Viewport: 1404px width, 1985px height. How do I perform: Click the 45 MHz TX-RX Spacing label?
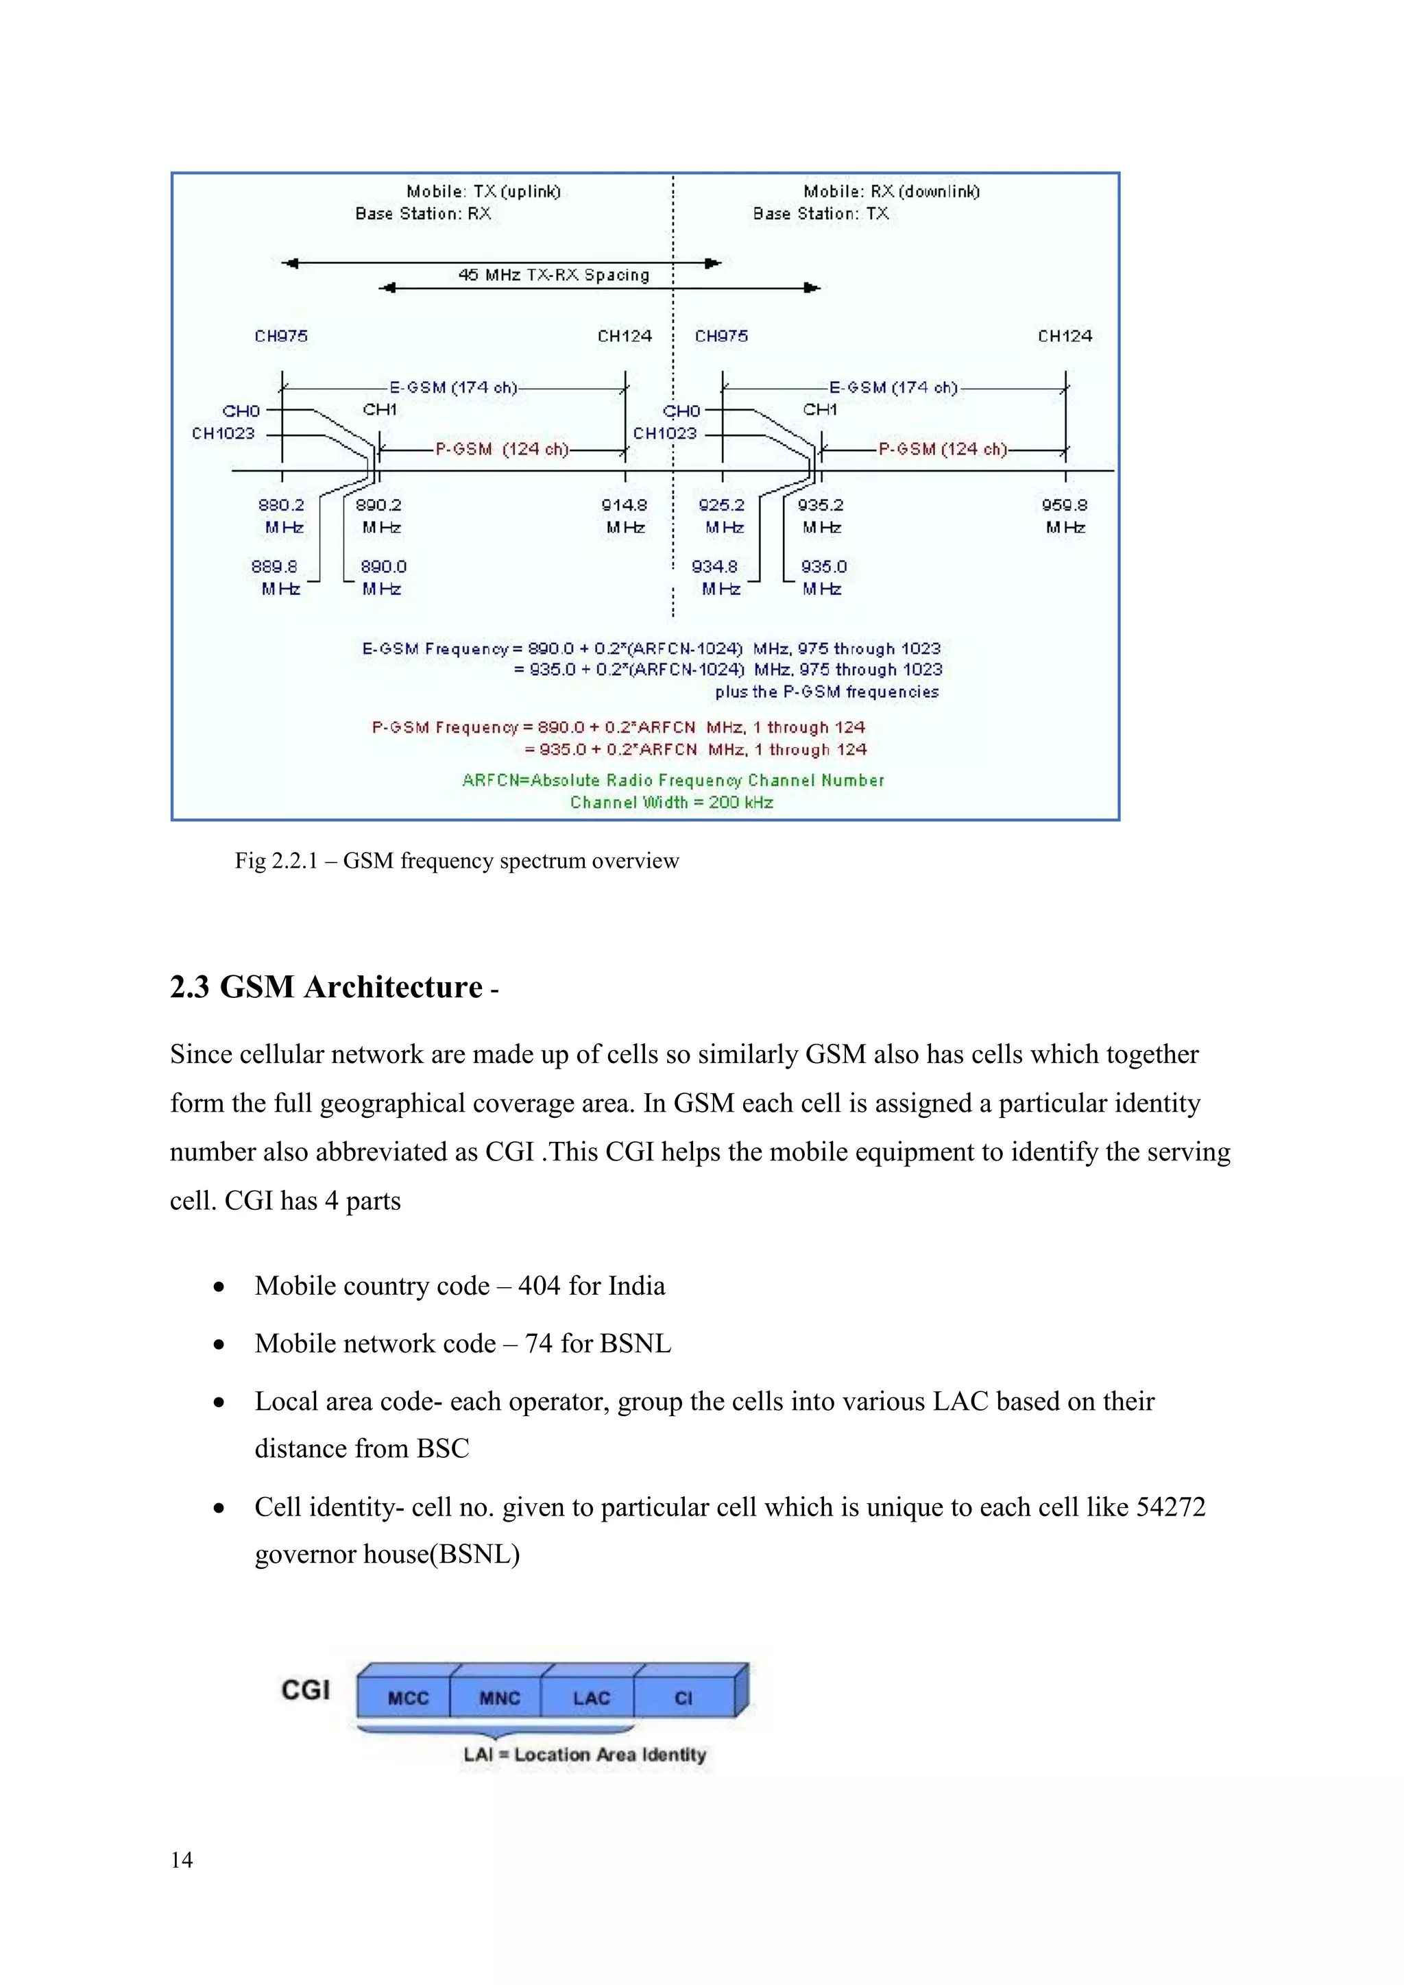(x=553, y=275)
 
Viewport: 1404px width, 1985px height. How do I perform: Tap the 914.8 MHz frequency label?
(x=625, y=515)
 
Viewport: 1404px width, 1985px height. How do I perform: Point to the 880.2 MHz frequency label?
(x=282, y=515)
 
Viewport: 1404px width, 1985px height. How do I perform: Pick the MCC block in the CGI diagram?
(x=408, y=1697)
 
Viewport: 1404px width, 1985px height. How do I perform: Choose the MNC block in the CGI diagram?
(x=500, y=1697)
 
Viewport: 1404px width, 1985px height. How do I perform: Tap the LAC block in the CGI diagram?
(x=592, y=1697)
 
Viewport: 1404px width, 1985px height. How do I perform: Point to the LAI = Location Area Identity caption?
(x=584, y=1754)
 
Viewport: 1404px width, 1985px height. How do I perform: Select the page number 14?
(x=182, y=1860)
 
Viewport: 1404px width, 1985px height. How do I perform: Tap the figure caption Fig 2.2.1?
(x=457, y=860)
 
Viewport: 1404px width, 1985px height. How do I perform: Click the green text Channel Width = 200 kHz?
(x=672, y=803)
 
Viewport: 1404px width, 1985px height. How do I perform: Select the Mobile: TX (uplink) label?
(x=483, y=191)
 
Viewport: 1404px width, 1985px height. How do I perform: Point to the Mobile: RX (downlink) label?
(x=891, y=191)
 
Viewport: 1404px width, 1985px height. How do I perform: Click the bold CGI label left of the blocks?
(x=306, y=1690)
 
